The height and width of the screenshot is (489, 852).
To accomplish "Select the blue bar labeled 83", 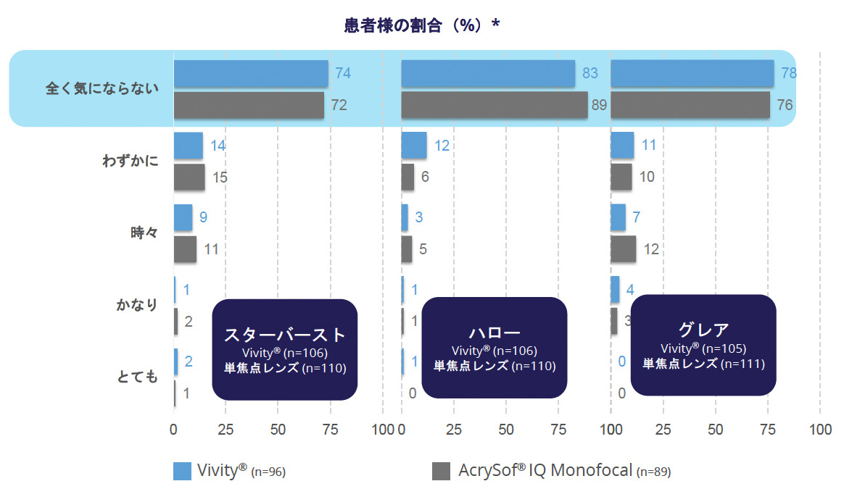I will pyautogui.click(x=488, y=73).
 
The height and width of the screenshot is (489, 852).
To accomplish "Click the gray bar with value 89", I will pyautogui.click(x=494, y=105).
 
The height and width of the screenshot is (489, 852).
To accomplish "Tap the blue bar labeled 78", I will pyautogui.click(x=692, y=73).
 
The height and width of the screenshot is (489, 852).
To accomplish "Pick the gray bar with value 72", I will pyautogui.click(x=249, y=105).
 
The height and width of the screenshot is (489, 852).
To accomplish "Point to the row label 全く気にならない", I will pyautogui.click(x=102, y=88).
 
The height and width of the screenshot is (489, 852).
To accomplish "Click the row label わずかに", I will pyautogui.click(x=131, y=161).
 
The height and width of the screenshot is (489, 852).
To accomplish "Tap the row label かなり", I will pyautogui.click(x=137, y=305).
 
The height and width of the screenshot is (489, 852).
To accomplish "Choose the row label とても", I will pyautogui.click(x=137, y=376).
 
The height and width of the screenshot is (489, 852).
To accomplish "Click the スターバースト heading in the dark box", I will pyautogui.click(x=285, y=335).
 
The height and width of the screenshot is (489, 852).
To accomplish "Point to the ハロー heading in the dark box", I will pyautogui.click(x=494, y=333).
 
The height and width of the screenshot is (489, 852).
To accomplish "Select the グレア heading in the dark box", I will pyautogui.click(x=703, y=330).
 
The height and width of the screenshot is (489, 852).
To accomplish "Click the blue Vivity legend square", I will pyautogui.click(x=182, y=470).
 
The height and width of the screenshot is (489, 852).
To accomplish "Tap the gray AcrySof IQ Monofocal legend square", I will pyautogui.click(x=441, y=470).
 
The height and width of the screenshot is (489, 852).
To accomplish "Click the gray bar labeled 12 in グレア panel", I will pyautogui.click(x=624, y=249).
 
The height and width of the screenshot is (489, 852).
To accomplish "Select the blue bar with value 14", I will pyautogui.click(x=189, y=146).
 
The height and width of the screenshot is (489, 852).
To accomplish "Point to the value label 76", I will pyautogui.click(x=785, y=105).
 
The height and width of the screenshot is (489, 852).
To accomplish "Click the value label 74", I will pyautogui.click(x=343, y=73).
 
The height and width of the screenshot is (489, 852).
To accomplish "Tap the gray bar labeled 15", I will pyautogui.click(x=189, y=177).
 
